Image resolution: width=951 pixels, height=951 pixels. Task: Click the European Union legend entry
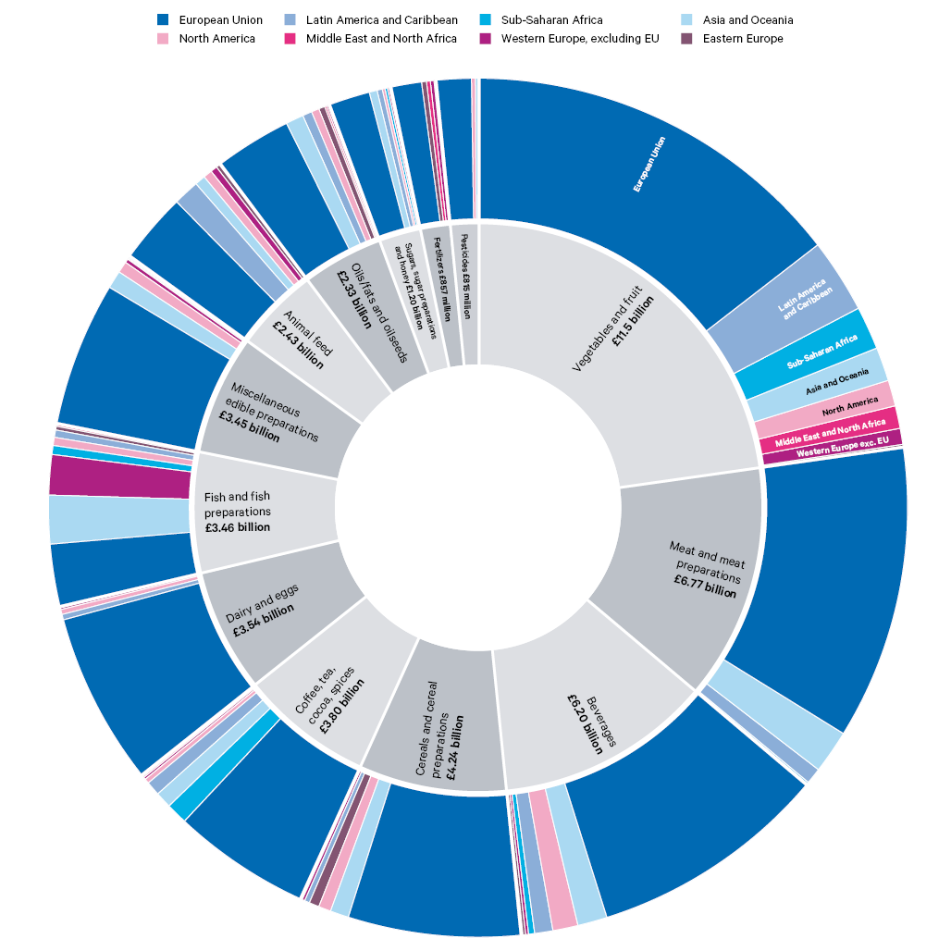(x=220, y=20)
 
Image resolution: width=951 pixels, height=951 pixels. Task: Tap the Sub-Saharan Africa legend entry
(x=551, y=20)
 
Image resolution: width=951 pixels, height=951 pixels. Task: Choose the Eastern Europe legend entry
(x=742, y=39)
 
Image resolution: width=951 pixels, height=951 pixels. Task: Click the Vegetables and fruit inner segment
(x=611, y=352)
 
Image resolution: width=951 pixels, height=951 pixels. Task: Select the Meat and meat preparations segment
(x=685, y=574)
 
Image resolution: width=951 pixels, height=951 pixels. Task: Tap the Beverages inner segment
(x=592, y=712)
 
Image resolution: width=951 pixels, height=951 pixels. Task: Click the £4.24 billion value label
(x=455, y=748)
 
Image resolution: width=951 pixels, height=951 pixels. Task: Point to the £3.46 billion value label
(x=238, y=527)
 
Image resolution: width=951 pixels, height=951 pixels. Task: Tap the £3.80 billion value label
(x=342, y=707)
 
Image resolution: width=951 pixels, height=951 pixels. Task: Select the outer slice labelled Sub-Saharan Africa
(x=821, y=352)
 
